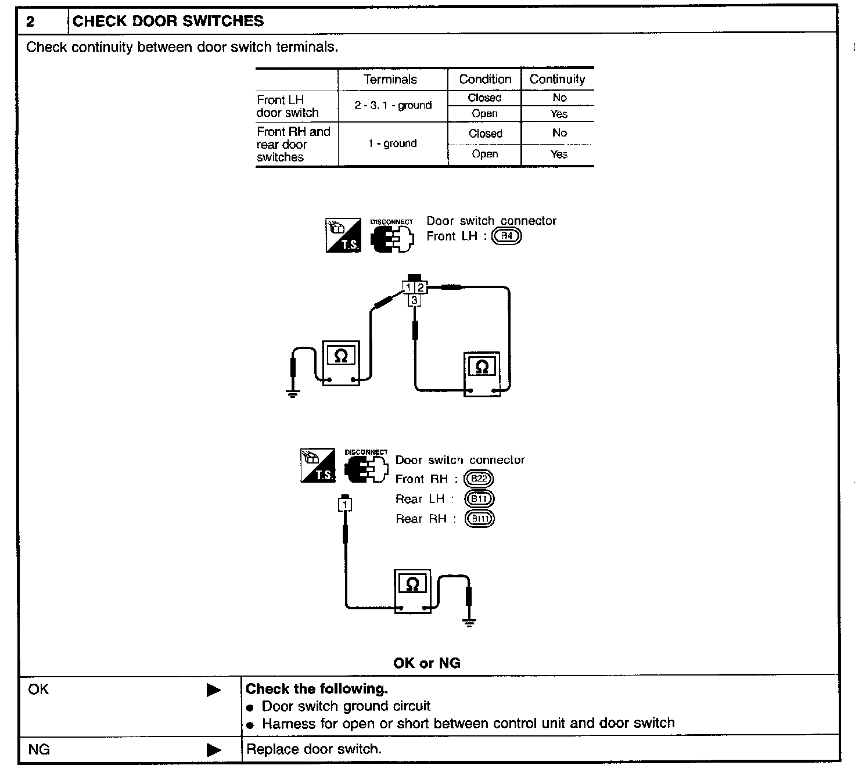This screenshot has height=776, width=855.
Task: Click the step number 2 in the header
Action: point(31,22)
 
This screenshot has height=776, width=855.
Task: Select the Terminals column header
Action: point(390,80)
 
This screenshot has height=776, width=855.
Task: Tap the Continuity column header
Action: point(557,79)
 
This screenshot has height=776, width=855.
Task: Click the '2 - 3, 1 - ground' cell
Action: point(393,105)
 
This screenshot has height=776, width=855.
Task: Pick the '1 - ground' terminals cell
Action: point(392,143)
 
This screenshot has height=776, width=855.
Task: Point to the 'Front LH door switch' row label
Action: point(288,106)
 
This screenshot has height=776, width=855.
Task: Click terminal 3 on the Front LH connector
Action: point(414,300)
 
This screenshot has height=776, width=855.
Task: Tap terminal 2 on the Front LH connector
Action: point(421,287)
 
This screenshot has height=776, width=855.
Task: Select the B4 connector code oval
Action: point(506,236)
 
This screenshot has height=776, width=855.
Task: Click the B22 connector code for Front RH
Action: point(479,479)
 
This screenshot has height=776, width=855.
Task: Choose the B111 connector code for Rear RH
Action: point(479,519)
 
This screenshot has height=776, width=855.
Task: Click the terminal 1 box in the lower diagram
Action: point(345,505)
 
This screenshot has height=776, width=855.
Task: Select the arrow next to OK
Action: point(214,690)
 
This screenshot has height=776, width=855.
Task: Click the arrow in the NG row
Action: point(214,750)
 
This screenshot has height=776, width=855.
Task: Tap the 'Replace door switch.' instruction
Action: point(314,749)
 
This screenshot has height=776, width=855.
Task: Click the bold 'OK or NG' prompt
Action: point(427,663)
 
